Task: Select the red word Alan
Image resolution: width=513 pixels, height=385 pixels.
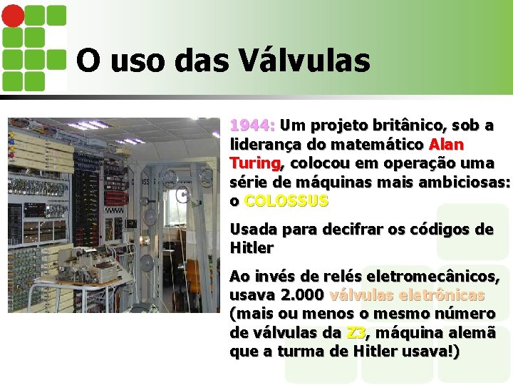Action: coord(446,145)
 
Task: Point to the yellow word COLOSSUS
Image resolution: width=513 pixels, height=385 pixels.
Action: coord(286,201)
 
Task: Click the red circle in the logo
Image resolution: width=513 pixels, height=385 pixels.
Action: coord(13,15)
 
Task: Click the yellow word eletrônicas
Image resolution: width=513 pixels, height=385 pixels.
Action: coord(447,295)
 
